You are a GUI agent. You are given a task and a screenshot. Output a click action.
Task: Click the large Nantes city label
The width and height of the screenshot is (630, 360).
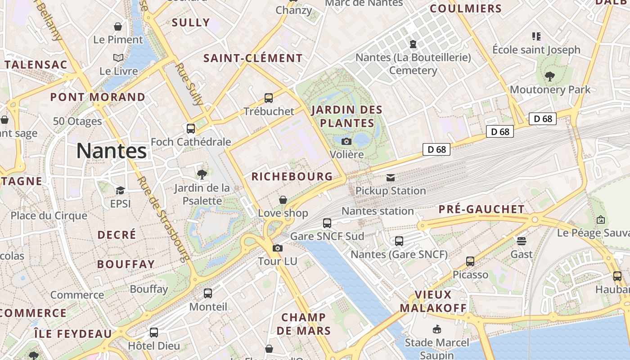[x=112, y=151]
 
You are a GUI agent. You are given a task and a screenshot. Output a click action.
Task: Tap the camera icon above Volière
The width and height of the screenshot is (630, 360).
[x=346, y=141]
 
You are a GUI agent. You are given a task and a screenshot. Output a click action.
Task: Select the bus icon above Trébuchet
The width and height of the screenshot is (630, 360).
[x=269, y=98]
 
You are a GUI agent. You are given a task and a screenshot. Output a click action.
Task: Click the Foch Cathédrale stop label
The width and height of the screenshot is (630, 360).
[x=191, y=142]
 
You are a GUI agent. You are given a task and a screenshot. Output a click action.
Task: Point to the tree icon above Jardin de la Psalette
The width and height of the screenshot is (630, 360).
[x=202, y=174]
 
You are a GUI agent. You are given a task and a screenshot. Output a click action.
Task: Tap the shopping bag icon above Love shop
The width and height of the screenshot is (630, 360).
[x=283, y=199]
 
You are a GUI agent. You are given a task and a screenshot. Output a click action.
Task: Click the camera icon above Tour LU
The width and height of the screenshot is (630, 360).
[x=278, y=248]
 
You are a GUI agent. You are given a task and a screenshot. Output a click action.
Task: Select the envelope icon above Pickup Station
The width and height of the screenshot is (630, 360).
[x=391, y=178]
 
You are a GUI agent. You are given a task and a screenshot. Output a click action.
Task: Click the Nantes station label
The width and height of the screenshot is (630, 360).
[x=378, y=211]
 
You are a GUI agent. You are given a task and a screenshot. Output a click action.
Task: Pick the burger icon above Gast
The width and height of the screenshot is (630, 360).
[x=522, y=241]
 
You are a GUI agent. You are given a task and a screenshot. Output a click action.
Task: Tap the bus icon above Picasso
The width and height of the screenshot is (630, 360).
[x=470, y=261]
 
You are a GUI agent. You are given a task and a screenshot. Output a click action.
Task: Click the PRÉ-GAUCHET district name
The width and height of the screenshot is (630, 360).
[x=481, y=209]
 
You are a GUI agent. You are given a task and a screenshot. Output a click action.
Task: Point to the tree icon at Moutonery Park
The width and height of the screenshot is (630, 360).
[x=549, y=76]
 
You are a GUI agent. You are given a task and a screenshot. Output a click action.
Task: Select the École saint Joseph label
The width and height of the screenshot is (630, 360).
[x=536, y=49]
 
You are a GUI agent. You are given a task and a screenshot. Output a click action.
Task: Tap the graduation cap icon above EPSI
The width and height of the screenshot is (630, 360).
[x=120, y=190]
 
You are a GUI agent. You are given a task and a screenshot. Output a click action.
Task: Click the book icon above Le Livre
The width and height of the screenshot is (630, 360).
[x=118, y=58]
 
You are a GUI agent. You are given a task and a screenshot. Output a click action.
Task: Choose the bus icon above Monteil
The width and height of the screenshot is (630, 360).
[x=208, y=293]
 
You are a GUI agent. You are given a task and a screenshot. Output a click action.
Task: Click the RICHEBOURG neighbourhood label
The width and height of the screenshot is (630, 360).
[x=292, y=176]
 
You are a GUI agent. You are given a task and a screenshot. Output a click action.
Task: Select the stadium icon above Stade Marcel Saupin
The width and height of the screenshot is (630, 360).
[x=436, y=329]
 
